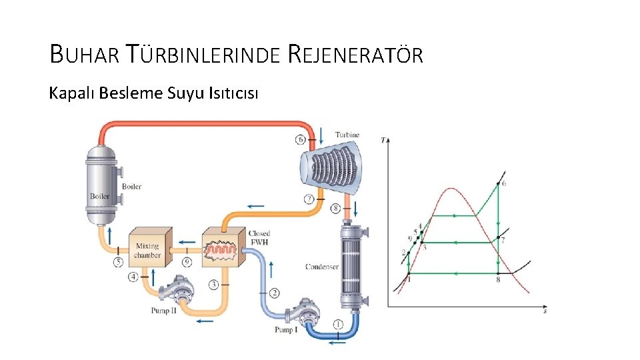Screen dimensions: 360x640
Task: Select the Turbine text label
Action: (347, 135)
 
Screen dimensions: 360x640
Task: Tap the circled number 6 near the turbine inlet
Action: (301, 140)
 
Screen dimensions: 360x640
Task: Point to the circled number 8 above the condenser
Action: (335, 208)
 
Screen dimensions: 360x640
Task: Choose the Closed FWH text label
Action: (259, 238)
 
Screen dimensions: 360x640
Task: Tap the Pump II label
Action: (163, 310)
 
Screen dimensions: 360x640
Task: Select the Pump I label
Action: (286, 330)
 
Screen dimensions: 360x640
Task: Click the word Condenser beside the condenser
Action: (322, 267)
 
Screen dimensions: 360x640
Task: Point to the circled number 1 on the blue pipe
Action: (338, 325)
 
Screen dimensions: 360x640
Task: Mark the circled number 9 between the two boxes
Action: (187, 262)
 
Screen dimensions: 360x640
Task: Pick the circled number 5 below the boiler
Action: (119, 263)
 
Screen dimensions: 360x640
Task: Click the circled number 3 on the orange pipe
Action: (213, 285)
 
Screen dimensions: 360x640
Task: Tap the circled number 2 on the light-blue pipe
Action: (274, 293)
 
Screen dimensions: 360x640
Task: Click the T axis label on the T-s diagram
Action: (383, 140)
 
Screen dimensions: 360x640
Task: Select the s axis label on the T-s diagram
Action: (545, 311)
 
